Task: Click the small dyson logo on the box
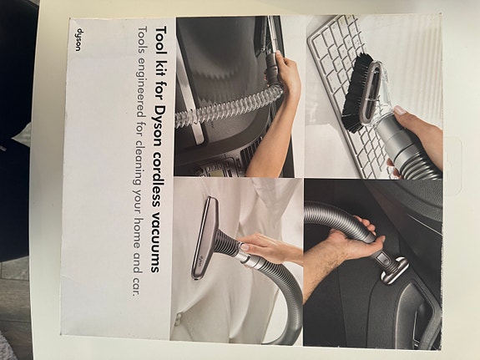tap(78, 40)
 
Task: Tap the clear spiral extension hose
tap(226, 107)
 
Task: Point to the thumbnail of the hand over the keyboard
tap(400, 110)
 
